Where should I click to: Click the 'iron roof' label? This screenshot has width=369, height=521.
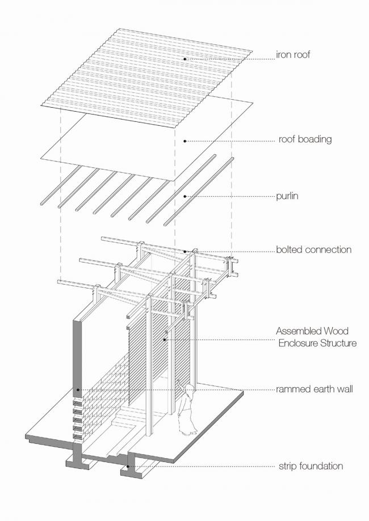coord(293,56)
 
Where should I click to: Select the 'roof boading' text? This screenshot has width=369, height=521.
coord(305,139)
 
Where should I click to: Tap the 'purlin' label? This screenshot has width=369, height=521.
coord(288,196)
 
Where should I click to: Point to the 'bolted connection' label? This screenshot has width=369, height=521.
coord(313,249)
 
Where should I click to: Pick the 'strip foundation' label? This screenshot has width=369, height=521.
coord(311,467)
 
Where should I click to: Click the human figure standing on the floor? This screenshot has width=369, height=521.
coord(186,411)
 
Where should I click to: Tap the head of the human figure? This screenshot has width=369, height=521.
coord(190,388)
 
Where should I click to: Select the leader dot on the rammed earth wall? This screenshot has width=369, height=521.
coord(78,390)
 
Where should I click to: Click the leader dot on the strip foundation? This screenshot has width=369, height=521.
coord(128,467)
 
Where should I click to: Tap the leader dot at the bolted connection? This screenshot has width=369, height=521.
coord(185,251)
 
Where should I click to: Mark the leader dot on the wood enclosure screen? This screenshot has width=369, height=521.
coord(165,339)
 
